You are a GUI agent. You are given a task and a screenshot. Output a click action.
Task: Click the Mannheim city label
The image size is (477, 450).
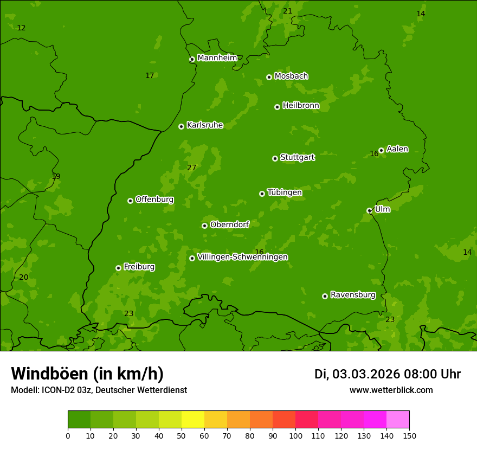(217, 58)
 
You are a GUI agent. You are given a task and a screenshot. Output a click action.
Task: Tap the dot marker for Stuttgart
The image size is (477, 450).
(275, 158)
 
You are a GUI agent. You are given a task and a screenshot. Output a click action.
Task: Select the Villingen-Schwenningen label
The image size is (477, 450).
(242, 257)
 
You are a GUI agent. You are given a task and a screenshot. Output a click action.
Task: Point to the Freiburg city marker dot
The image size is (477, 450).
(118, 268)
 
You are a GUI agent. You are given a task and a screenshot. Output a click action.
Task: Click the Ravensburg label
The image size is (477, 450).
(353, 295)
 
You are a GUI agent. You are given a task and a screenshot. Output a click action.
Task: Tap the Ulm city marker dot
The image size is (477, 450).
(369, 210)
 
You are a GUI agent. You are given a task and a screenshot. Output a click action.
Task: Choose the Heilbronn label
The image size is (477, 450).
(301, 106)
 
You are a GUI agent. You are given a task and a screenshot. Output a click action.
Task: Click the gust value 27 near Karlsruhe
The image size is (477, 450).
(191, 168)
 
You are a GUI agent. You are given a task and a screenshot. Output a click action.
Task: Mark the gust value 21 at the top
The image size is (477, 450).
(287, 11)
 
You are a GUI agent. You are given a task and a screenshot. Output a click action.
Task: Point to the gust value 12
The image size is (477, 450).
(21, 28)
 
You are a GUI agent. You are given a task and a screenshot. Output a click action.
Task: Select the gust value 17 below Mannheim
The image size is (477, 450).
(150, 75)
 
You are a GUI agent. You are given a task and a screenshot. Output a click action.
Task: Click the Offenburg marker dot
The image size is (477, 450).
(130, 201)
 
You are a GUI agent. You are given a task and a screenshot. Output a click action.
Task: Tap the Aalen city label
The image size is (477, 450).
(397, 149)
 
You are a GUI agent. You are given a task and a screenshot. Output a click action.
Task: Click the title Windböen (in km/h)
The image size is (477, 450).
(87, 374)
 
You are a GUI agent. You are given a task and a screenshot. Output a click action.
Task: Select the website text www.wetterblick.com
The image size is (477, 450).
(391, 390)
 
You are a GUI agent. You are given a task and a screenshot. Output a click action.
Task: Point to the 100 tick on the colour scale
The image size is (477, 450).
(295, 435)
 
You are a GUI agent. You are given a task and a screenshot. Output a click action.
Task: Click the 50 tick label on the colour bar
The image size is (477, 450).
(182, 435)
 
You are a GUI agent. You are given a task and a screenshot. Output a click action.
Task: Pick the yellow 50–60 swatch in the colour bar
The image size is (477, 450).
(193, 420)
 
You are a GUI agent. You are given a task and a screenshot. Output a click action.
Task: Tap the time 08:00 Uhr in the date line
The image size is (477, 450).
(432, 374)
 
